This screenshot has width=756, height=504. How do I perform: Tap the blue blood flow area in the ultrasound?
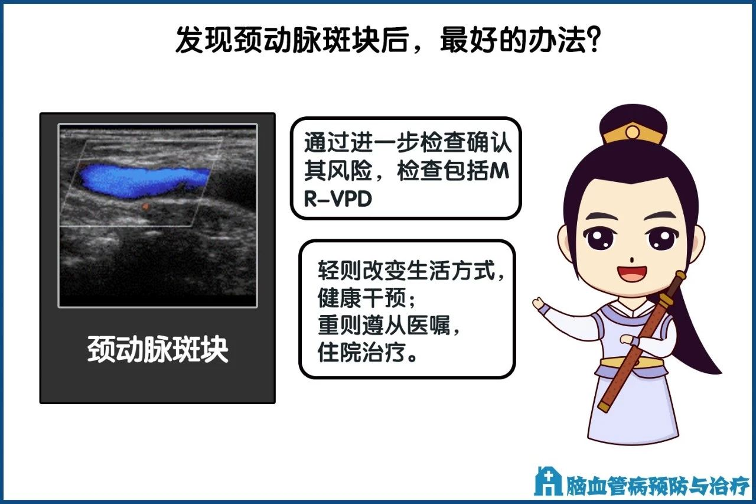tap(142, 181)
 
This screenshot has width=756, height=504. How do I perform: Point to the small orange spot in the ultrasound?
tap(145, 207)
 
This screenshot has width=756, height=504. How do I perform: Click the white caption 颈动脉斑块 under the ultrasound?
tap(158, 349)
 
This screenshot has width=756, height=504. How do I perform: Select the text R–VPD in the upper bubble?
tap(338, 199)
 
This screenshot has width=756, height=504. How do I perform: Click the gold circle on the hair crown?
tap(633, 132)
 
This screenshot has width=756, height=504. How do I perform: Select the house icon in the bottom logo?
tap(548, 481)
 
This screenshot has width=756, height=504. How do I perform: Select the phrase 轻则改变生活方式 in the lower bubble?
tap(406, 271)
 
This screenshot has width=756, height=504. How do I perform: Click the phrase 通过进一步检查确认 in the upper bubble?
tap(408, 142)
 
